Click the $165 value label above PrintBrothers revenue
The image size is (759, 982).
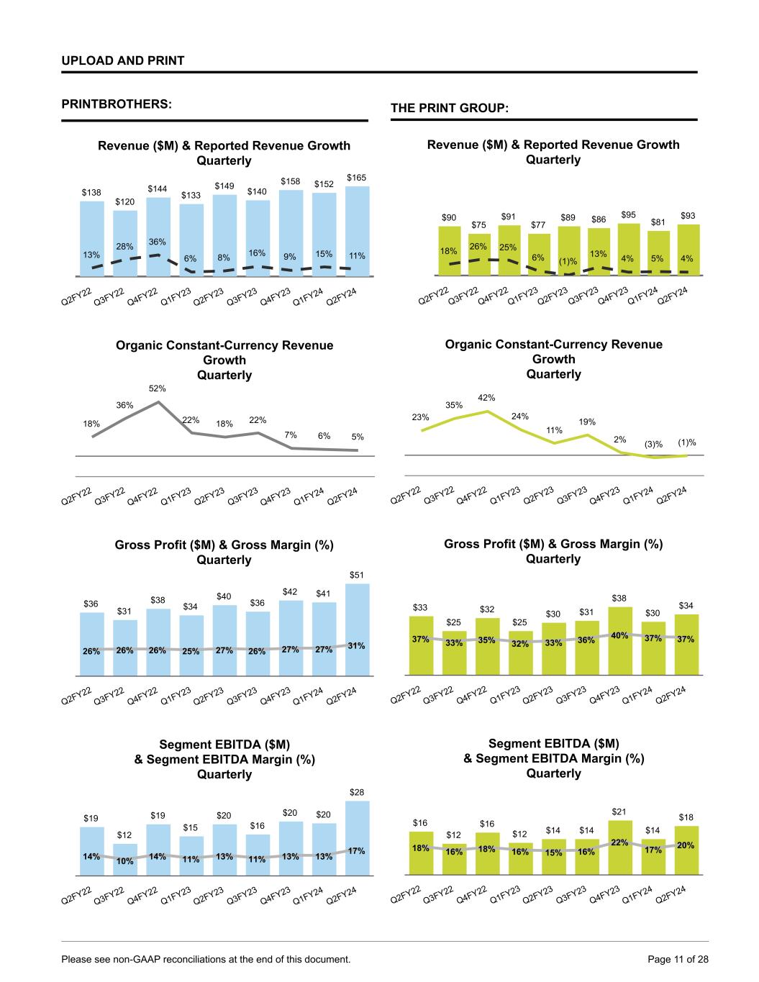tap(357, 177)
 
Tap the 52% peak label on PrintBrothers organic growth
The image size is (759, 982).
tap(158, 388)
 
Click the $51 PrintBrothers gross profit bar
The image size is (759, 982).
tap(358, 629)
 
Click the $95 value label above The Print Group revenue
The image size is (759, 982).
tap(629, 214)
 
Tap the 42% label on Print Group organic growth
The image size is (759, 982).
tap(487, 397)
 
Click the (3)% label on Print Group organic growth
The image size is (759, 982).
tap(653, 445)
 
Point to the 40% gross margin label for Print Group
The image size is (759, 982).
tap(619, 635)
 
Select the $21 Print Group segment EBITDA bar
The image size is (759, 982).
tap(619, 847)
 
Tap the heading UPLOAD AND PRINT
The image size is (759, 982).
tap(123, 60)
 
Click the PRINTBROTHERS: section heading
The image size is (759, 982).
tap(117, 104)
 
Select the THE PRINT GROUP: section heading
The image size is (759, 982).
tap(450, 108)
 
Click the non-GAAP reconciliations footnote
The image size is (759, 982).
tap(206, 959)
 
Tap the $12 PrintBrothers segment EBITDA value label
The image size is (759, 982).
tap(124, 835)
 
